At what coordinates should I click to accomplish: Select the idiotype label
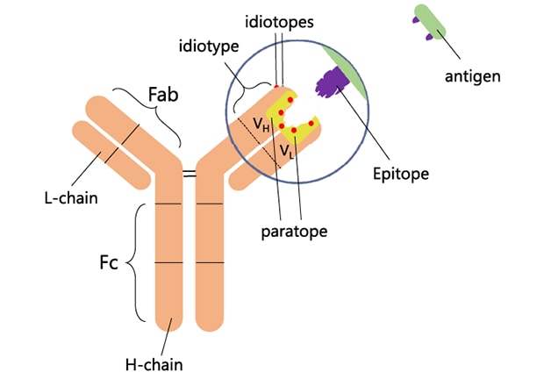[x=208, y=45]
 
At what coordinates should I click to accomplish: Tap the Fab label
[x=161, y=92]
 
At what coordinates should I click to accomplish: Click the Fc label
[x=107, y=261]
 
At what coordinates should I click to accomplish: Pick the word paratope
[x=294, y=232]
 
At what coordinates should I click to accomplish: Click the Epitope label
[x=400, y=174]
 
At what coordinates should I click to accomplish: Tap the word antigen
[x=472, y=76]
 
